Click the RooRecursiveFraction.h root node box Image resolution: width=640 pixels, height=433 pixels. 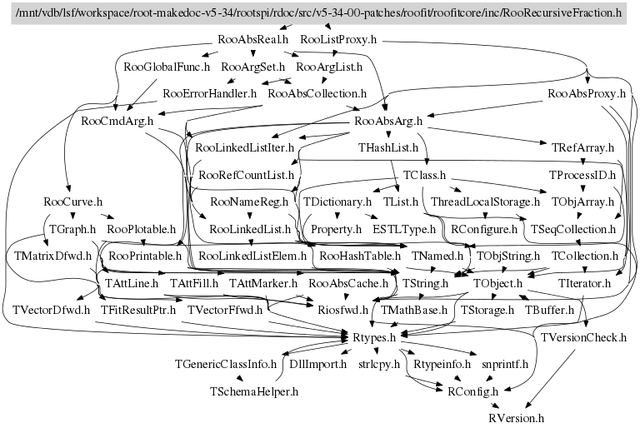320,13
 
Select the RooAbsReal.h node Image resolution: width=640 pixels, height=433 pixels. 252,39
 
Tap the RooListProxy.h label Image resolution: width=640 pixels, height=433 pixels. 338,39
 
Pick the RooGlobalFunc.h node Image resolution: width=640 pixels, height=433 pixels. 166,65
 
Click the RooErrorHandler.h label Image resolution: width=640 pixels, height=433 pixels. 209,93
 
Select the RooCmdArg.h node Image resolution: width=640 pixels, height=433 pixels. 117,121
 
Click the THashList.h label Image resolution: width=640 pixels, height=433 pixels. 387,148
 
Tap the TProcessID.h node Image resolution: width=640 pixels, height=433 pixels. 581,176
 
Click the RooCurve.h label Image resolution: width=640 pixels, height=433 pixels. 72,202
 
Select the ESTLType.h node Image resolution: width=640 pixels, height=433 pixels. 404,228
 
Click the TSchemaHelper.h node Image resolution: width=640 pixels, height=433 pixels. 242,391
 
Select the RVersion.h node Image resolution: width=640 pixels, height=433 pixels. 516,417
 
